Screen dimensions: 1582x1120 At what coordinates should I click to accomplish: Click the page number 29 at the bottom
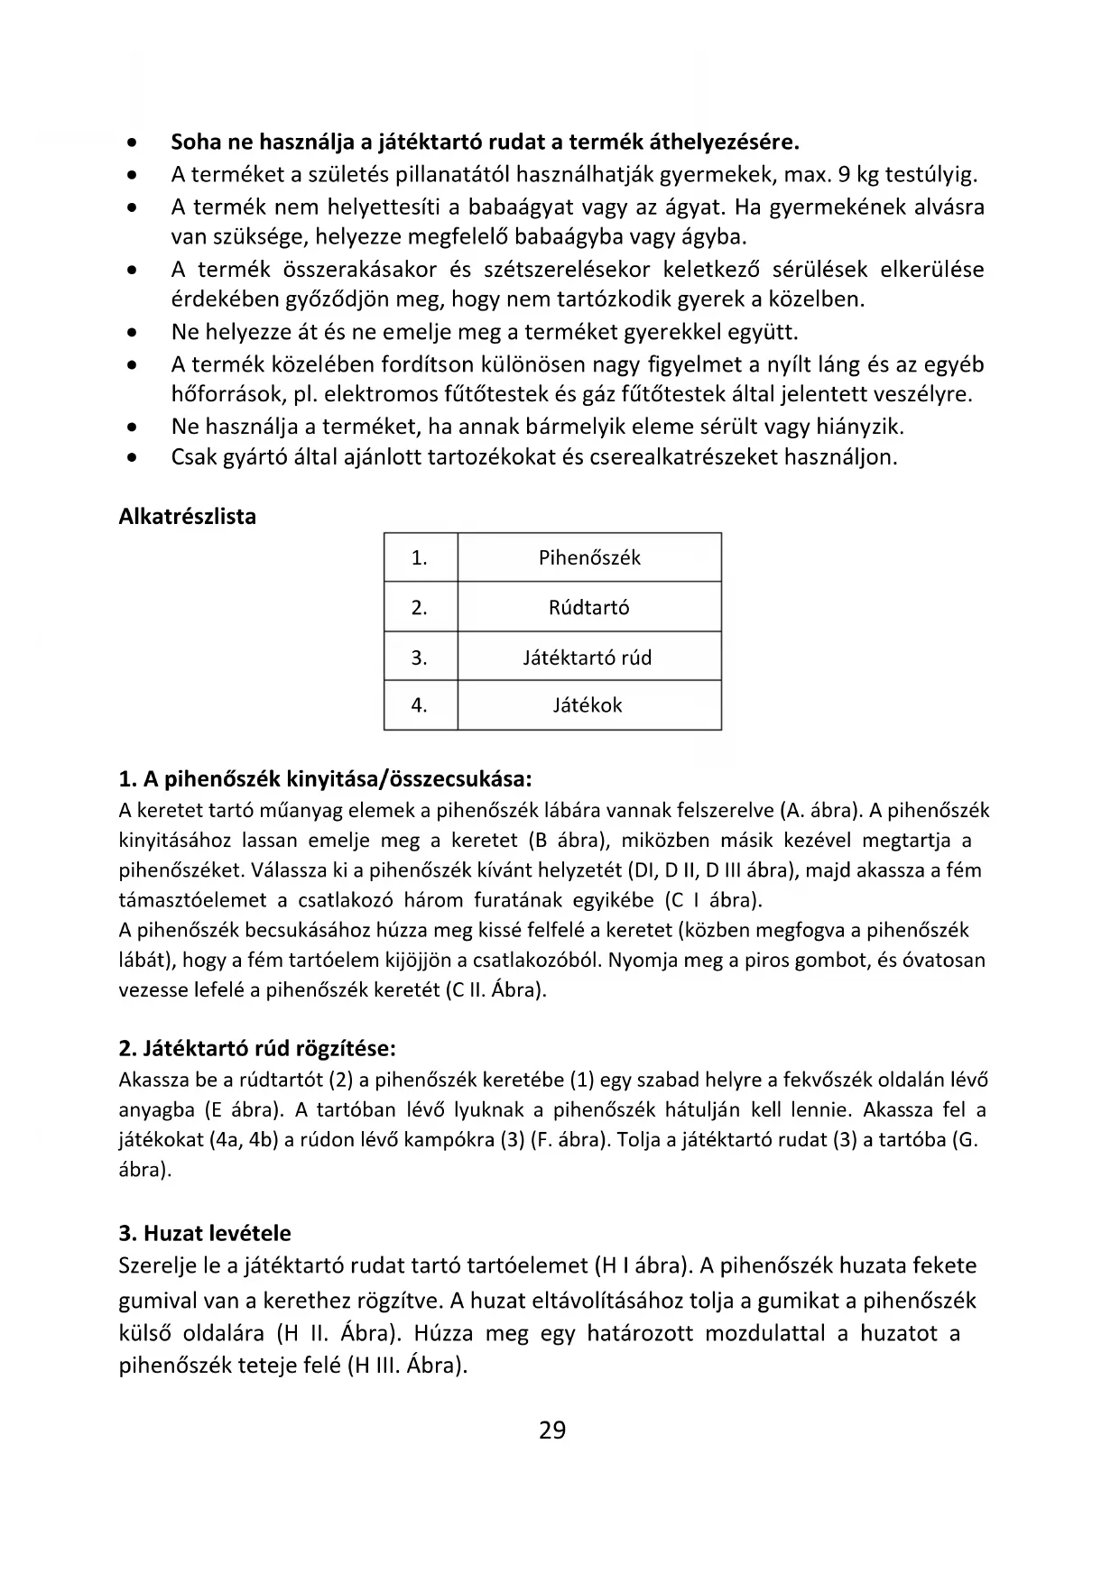[552, 1430]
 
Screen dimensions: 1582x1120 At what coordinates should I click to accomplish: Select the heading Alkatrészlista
[187, 517]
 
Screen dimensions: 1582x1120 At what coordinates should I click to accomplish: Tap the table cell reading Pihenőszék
[589, 557]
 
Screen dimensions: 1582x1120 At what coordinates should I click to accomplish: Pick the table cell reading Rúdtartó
[589, 607]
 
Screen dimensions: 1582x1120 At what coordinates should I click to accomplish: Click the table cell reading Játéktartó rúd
[588, 658]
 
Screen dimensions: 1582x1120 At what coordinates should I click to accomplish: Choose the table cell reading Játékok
[588, 705]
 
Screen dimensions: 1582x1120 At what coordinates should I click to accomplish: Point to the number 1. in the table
[420, 557]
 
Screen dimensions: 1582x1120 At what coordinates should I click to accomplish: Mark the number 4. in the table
[420, 705]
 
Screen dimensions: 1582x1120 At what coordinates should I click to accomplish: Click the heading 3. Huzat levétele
[205, 1233]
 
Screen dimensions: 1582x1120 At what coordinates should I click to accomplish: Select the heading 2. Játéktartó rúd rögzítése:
[257, 1048]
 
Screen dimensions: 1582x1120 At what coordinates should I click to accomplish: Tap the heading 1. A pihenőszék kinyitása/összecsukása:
[325, 778]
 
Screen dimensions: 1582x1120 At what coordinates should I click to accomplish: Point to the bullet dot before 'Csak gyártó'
[133, 457]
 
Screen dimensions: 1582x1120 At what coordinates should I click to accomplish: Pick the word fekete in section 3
[938, 1265]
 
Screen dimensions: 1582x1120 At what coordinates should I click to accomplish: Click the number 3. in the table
[420, 658]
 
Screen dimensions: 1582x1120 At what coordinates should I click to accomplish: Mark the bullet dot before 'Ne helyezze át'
[133, 333]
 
